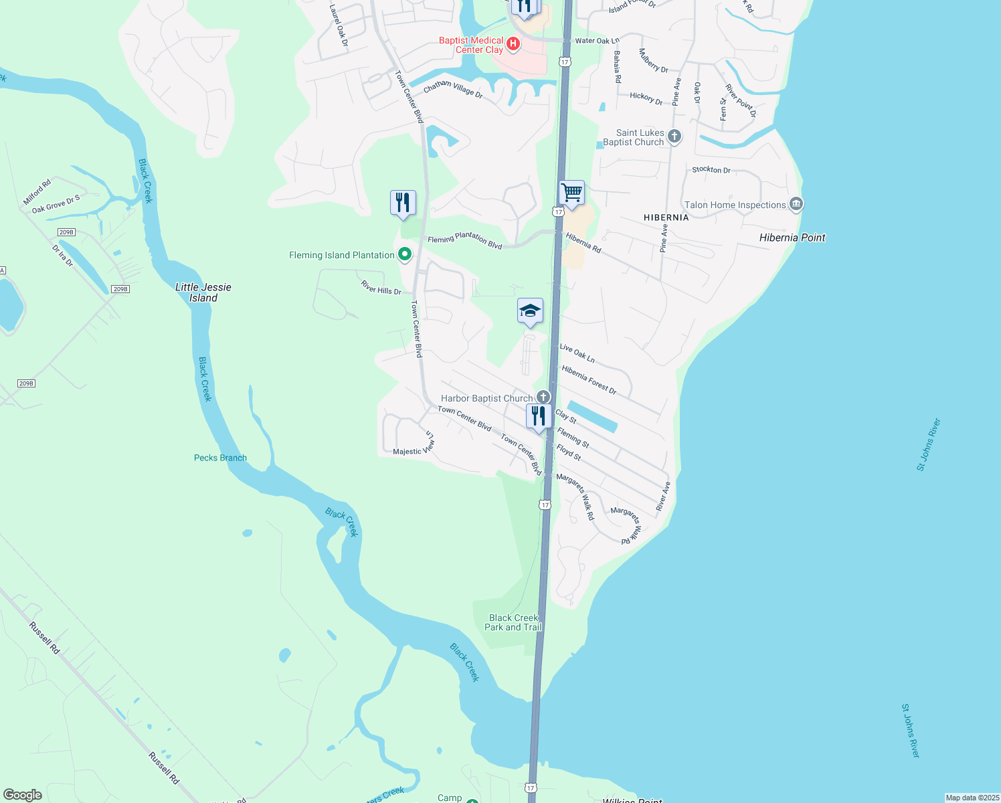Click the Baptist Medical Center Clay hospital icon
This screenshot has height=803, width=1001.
pos(513,44)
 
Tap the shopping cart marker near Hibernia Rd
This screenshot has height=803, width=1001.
pos(571,193)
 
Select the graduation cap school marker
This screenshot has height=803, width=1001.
pos(530,311)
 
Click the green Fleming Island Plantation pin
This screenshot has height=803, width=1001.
pos(404,254)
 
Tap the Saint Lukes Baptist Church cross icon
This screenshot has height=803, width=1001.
pos(674,137)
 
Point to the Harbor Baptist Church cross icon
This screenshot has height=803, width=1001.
pos(543,397)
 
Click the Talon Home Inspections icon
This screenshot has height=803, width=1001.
pos(796,204)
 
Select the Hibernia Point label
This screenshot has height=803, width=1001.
pos(792,238)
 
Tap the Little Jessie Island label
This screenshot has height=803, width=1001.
pos(203,292)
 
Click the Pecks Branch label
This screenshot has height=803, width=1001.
pos(220,458)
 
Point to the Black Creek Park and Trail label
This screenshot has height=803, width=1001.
pos(513,622)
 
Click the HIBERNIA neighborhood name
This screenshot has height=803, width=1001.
pos(666,217)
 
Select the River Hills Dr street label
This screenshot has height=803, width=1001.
pos(381,288)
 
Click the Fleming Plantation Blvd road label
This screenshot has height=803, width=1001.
pos(465,240)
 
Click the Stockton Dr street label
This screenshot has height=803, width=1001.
pos(711,169)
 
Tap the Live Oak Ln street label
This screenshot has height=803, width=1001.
pos(577,353)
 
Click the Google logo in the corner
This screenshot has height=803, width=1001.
pos(23,795)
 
